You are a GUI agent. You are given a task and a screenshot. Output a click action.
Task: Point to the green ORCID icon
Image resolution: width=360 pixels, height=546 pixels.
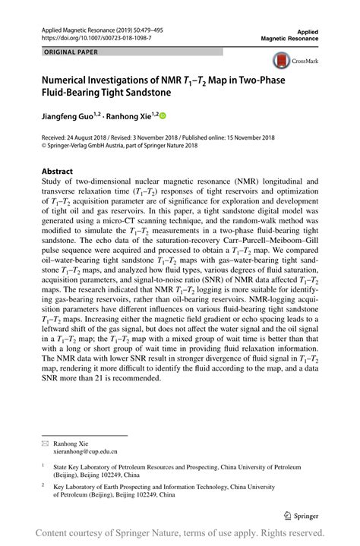pos(161,116)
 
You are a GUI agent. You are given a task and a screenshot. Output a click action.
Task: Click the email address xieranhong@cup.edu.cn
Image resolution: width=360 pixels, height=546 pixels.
pos(85,450)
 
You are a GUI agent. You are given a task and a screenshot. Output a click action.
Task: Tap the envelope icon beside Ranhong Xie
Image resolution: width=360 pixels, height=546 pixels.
pos(46,441)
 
